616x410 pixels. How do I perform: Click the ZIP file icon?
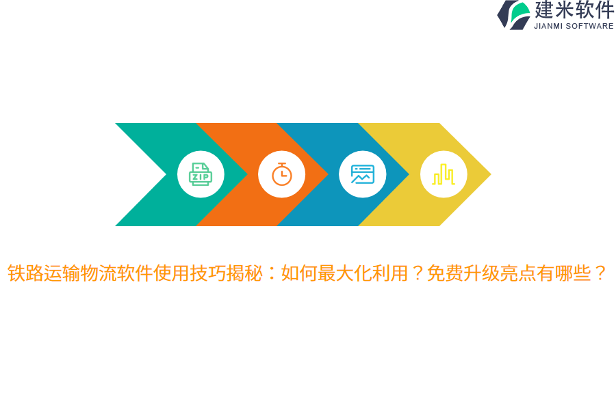201,174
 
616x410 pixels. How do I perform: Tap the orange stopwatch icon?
281,174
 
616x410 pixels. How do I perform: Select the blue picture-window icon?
362,174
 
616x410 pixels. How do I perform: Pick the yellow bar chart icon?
443,174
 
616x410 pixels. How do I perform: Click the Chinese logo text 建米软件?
574,10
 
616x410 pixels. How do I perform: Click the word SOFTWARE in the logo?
591,26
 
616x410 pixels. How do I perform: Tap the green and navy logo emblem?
514,15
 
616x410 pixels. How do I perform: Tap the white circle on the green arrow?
201,174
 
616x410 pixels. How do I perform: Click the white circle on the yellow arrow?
443,174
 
